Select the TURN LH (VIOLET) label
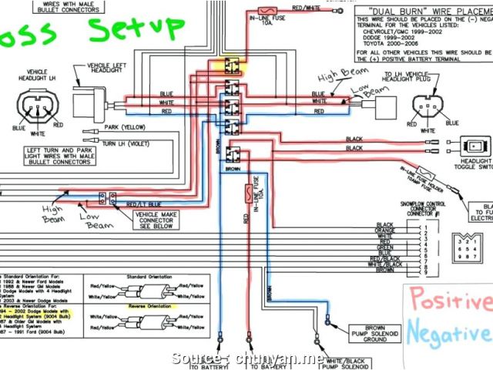tap(128, 144)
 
